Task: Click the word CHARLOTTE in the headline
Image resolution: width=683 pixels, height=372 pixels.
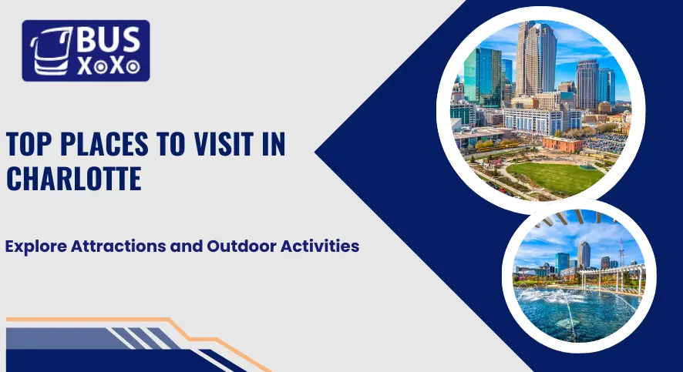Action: coord(73,178)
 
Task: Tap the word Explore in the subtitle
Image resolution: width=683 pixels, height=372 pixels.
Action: coord(35,247)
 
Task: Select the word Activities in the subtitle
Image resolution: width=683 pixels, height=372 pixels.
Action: coord(320,247)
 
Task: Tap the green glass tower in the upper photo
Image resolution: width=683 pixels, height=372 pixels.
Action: coord(483,77)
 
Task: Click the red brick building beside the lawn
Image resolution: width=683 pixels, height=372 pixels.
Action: coord(564,144)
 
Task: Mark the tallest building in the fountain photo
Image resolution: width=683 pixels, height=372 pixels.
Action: coord(584,253)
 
